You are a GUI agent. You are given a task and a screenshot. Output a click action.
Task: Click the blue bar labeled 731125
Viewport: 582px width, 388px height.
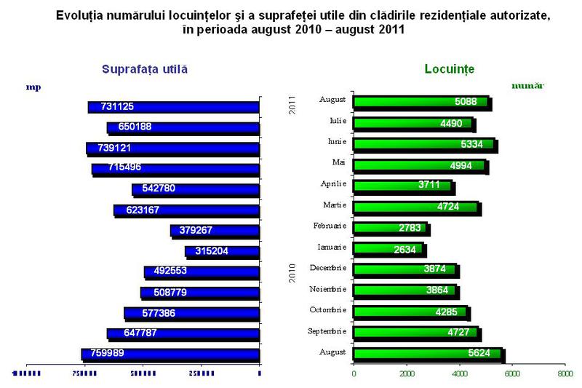(173, 107)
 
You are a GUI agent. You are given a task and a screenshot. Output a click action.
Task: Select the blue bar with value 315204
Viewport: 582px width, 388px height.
(223, 251)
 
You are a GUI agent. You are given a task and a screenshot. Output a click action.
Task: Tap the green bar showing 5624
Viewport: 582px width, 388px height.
(428, 355)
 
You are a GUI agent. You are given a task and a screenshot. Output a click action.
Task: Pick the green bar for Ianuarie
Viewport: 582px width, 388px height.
(388, 250)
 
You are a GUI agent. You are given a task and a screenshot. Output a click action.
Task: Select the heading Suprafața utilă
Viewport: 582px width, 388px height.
(145, 69)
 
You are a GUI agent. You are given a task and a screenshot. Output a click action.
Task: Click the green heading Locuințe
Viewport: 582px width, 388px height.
(449, 69)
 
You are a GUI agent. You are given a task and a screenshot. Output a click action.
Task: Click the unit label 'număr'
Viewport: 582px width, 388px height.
(527, 86)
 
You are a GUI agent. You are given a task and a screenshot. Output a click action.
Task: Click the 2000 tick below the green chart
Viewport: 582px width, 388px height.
(406, 374)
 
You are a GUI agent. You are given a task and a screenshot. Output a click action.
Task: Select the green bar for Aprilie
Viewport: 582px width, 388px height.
(403, 186)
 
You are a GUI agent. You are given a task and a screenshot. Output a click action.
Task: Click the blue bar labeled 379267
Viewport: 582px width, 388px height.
(215, 230)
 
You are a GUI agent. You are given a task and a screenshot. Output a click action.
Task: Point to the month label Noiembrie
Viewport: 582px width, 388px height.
(330, 289)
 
